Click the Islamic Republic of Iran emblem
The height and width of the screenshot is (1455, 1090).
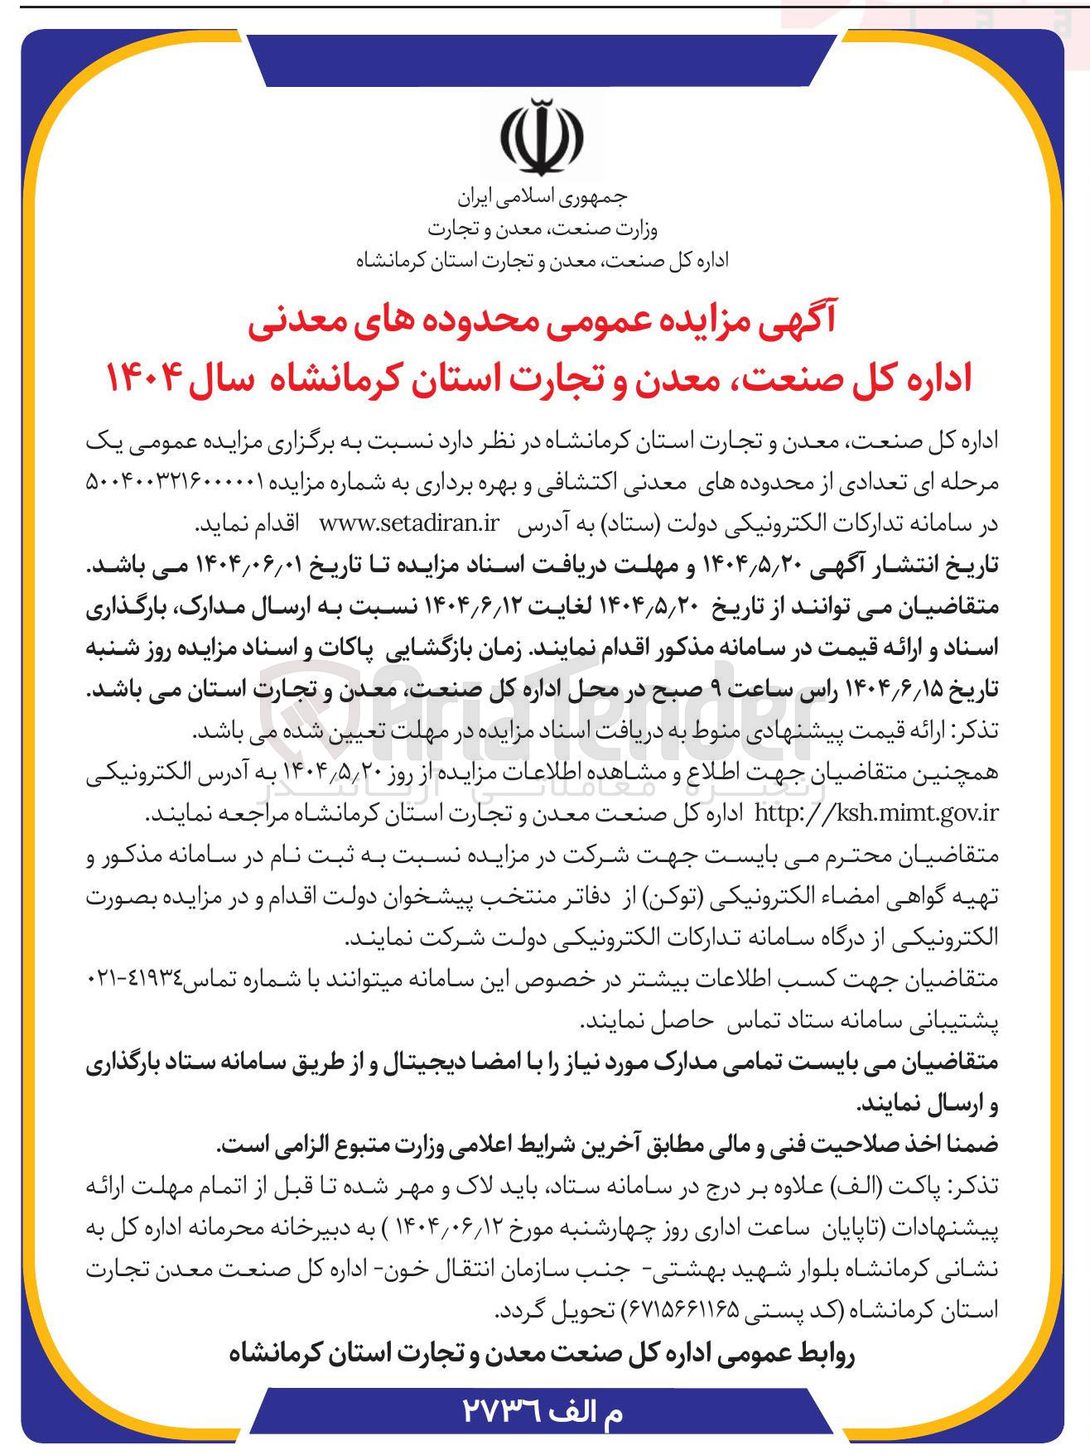pyautogui.click(x=543, y=137)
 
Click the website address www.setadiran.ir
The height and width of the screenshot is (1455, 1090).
pyautogui.click(x=409, y=524)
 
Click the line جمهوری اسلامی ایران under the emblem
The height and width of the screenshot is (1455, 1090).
pyautogui.click(x=543, y=197)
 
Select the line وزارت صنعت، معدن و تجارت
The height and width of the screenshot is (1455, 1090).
pyautogui.click(x=543, y=229)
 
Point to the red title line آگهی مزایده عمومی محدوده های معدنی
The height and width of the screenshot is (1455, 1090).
pyautogui.click(x=543, y=322)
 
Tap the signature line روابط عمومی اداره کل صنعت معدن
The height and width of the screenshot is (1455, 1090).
pyautogui.click(x=543, y=1354)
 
